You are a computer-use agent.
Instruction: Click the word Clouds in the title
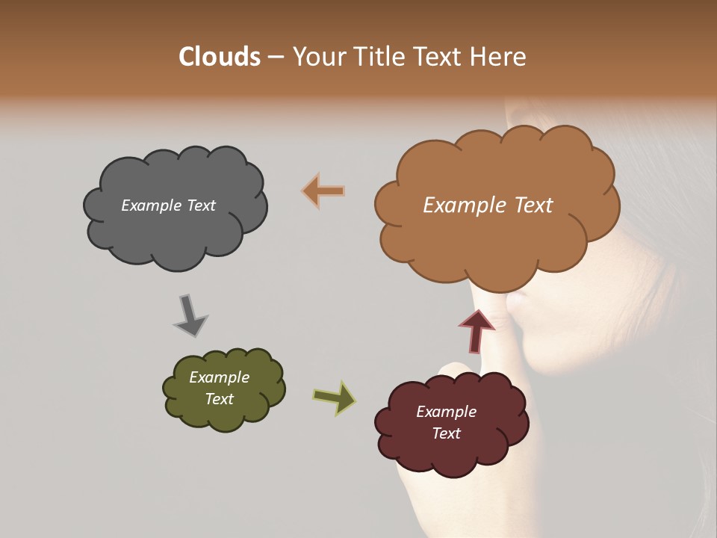click(x=220, y=57)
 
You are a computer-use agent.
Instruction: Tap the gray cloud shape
click(x=176, y=232)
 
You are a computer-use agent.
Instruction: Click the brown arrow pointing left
click(x=323, y=191)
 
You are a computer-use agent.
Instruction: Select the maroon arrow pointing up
click(x=477, y=331)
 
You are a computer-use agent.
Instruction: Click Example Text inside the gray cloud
click(x=168, y=205)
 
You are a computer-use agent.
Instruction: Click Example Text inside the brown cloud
click(x=488, y=205)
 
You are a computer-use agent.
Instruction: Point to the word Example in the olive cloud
click(x=219, y=377)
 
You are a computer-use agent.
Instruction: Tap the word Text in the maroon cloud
click(x=446, y=433)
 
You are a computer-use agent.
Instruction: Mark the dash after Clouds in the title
click(x=275, y=57)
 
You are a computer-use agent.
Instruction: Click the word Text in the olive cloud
click(x=219, y=399)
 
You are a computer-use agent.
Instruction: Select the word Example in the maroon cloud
click(x=446, y=412)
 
